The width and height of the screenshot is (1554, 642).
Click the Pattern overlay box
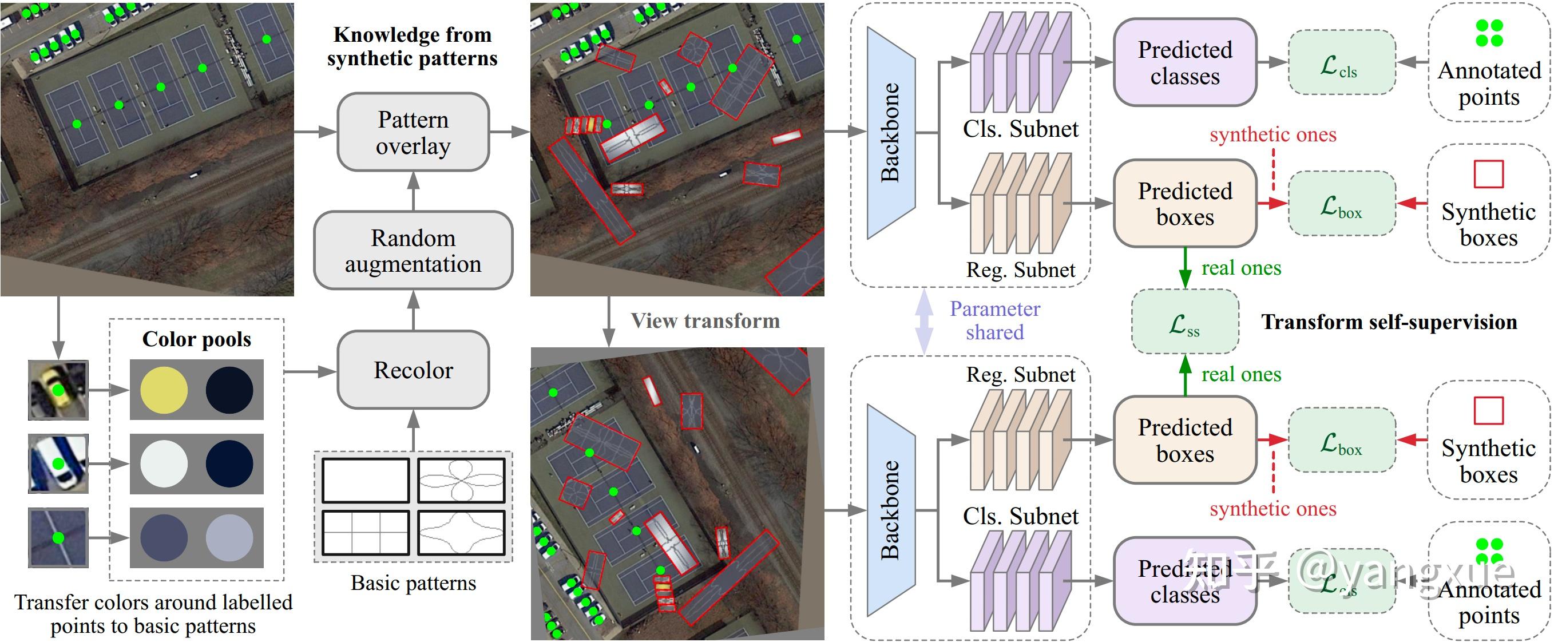pos(413,132)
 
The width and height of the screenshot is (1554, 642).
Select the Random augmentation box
pos(413,251)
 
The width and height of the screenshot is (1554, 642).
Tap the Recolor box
pos(413,370)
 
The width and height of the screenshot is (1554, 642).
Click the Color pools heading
pos(197,339)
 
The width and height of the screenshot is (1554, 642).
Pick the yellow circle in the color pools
pos(164,390)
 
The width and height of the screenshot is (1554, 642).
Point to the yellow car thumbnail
pos(58,390)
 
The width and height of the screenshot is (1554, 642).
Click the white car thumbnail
pos(58,463)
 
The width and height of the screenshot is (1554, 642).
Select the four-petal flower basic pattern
pos(462,480)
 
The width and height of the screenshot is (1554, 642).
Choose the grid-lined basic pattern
pos(366,533)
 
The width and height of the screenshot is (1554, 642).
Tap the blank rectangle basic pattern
pos(366,480)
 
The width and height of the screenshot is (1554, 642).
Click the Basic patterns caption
pos(413,583)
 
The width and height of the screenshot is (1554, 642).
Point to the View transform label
pos(705,320)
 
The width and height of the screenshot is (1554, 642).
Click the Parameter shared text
pos(995,320)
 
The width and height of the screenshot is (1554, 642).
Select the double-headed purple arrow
pos(923,320)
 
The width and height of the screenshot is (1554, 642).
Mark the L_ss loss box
pos(1185,322)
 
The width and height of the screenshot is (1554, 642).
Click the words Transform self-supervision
pos(1389,322)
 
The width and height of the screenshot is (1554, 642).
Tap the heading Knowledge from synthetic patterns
pos(412,46)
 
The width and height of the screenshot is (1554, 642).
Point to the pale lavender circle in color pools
pos(229,538)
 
